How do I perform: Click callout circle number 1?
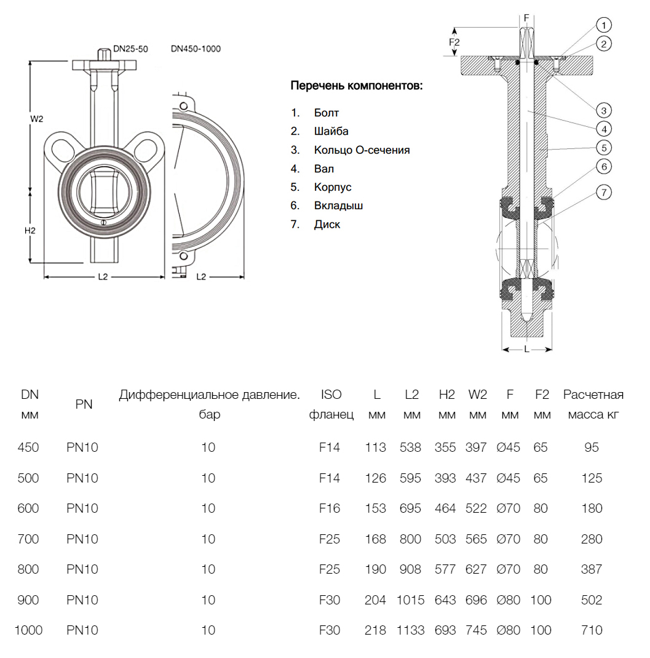(x=604, y=25)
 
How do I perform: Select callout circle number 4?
(x=604, y=129)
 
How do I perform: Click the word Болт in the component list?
(x=326, y=113)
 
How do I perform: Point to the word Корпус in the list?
(x=333, y=187)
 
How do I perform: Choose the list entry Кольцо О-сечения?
(x=362, y=150)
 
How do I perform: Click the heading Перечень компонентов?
(x=357, y=86)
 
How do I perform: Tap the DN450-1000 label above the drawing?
(x=196, y=49)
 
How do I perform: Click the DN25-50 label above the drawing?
(x=130, y=49)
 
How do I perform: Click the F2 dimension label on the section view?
(x=454, y=42)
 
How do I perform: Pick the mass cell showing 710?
(x=592, y=630)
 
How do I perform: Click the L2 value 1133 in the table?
(x=411, y=630)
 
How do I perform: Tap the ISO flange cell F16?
(x=330, y=508)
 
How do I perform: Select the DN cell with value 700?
(x=29, y=539)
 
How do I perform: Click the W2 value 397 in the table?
(x=477, y=447)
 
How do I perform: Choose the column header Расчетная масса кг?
(x=593, y=404)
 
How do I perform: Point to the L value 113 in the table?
(x=376, y=447)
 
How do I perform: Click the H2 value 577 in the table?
(x=445, y=569)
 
